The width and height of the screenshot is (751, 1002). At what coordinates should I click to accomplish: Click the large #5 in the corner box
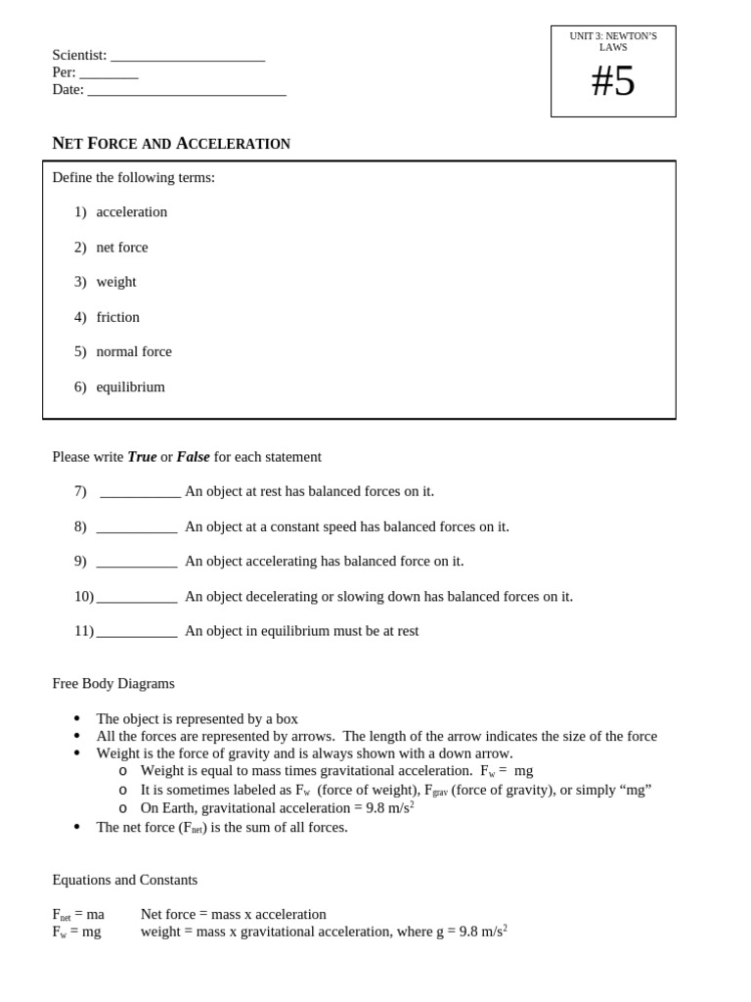coord(613,81)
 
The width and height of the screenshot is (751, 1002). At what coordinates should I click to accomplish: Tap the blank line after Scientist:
coord(188,58)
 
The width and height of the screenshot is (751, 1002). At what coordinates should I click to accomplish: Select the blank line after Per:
coord(109,75)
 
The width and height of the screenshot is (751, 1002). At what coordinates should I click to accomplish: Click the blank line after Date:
coord(187,92)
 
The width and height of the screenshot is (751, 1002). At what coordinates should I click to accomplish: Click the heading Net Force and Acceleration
coord(171,144)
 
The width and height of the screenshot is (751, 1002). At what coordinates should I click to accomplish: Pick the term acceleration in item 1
coord(132,212)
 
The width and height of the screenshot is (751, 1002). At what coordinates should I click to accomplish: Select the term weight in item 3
coord(116,282)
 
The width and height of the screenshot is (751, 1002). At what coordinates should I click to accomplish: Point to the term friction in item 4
coord(118,317)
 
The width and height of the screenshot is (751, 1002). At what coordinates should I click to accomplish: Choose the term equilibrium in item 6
coord(130,387)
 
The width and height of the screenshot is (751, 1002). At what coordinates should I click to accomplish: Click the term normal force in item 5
coord(134,351)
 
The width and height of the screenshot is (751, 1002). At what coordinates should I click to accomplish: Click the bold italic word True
coord(142,457)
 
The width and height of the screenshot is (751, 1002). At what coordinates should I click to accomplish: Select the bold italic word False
coord(193,457)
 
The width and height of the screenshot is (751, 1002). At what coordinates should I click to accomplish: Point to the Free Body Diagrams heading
coord(113,683)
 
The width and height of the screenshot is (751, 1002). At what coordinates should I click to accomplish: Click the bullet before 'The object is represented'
coord(77,719)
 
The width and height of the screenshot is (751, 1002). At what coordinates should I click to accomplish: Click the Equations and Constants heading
coord(125,880)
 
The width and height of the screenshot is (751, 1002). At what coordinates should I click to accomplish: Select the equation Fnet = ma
coord(78,915)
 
